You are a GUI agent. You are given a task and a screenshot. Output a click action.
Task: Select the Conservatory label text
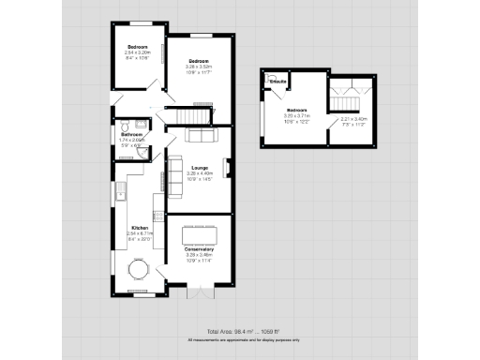coord(199,249)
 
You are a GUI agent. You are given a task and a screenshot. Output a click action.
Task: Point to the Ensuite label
coord(277,82)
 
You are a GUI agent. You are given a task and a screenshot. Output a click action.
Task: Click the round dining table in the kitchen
coord(139,273)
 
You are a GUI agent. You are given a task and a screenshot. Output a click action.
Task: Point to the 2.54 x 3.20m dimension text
coord(138,52)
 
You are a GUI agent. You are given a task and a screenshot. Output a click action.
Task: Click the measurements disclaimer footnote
coord(243,339)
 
